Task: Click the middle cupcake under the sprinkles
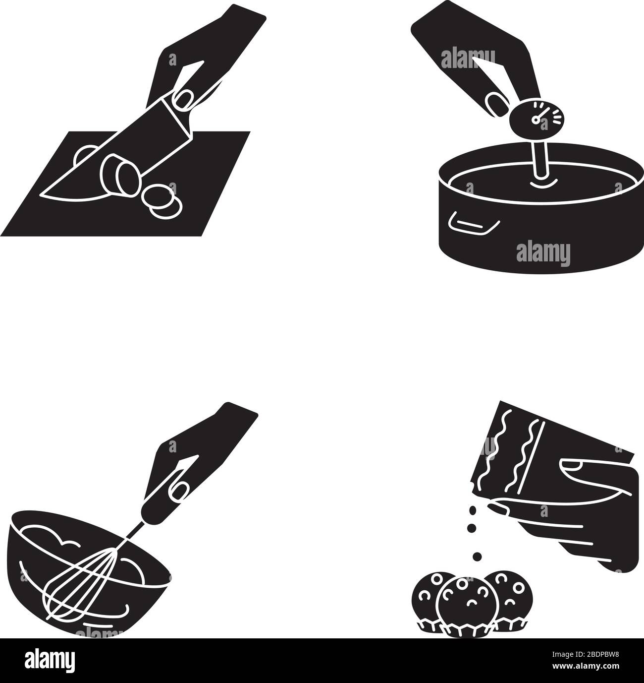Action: tap(464, 605)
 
